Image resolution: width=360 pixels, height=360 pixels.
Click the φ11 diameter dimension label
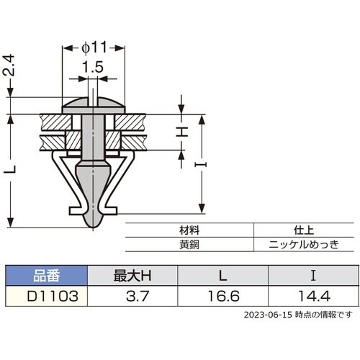coord(94,47)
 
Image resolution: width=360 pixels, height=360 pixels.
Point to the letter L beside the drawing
coord(9,171)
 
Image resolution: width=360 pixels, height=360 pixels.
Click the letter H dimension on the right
coord(183,131)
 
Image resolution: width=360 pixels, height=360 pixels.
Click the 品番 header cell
coord(45,274)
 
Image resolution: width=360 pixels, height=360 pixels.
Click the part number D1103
coord(45,294)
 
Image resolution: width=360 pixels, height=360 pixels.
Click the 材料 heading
coord(189,231)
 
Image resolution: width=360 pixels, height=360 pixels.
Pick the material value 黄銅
coord(189,244)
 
